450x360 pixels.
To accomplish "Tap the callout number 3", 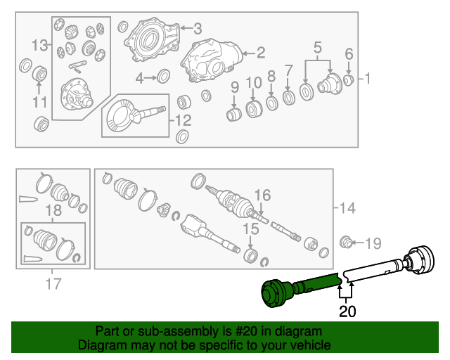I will (x=198, y=28).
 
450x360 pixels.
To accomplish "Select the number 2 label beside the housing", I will (x=260, y=52).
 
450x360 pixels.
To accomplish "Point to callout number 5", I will (x=318, y=48).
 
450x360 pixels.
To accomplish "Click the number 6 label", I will (x=349, y=53).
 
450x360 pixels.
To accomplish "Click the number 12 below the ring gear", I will (x=184, y=120).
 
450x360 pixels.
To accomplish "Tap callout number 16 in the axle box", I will (x=262, y=195).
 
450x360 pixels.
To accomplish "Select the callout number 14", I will (x=347, y=208).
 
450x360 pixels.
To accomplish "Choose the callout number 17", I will (x=53, y=284).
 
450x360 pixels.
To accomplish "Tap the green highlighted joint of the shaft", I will (x=275, y=294).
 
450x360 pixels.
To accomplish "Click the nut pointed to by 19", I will (x=346, y=243).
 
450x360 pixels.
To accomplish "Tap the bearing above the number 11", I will (x=40, y=73).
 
